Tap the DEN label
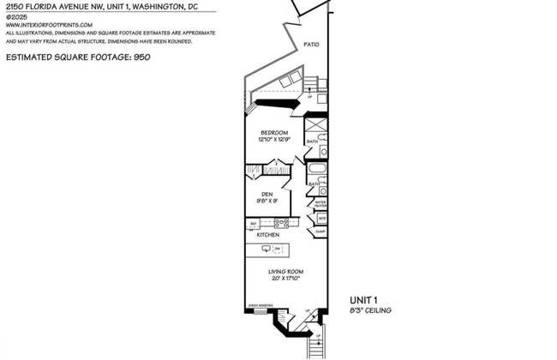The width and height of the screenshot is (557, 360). coord(267,195)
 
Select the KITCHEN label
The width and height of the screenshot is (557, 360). coord(269,234)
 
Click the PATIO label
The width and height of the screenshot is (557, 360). coord(311,45)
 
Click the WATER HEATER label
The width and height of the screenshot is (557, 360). coord(320,205)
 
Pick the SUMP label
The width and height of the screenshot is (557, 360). coord(320,231)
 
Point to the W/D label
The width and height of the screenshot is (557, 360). coord(321,219)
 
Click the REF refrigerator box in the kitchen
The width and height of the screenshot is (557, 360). coord(254,224)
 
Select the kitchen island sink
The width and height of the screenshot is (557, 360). coord(267,249)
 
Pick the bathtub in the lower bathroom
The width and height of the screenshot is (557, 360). coord(316,171)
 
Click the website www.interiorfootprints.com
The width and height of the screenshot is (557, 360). coord(49,25)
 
